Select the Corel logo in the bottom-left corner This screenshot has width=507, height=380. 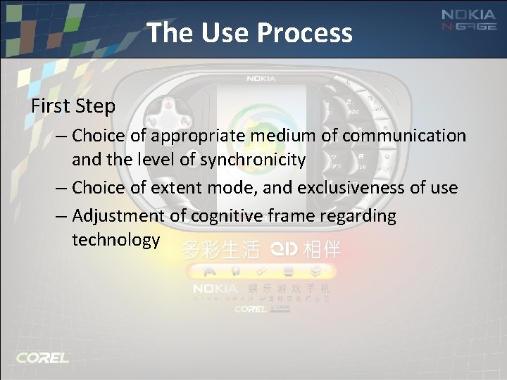[42, 357]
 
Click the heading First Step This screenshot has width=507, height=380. [73, 106]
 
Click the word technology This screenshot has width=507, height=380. [116, 240]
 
